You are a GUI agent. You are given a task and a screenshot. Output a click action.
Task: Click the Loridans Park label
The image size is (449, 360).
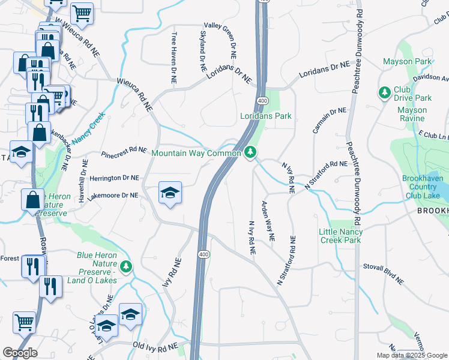[x=265, y=116]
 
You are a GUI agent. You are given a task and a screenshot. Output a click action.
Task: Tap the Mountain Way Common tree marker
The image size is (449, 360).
[x=251, y=153]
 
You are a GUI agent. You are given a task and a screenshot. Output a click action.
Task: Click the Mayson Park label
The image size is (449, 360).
[x=406, y=62]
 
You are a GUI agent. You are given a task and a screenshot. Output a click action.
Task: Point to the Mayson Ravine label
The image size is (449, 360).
[x=412, y=114]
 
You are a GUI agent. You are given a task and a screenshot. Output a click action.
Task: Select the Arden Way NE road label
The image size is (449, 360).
[x=267, y=221]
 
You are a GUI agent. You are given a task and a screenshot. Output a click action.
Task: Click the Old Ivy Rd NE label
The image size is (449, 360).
[x=155, y=347]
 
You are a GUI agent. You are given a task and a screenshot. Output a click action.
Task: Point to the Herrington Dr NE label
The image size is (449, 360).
[x=114, y=178]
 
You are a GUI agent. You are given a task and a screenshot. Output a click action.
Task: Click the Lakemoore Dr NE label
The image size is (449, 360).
[x=113, y=195]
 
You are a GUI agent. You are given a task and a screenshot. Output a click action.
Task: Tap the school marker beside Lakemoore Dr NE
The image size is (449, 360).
[x=170, y=193]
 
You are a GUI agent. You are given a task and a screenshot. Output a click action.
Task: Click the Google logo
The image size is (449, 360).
[x=20, y=352]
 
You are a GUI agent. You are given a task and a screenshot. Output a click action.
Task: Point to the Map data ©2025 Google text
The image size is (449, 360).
[x=411, y=355]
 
